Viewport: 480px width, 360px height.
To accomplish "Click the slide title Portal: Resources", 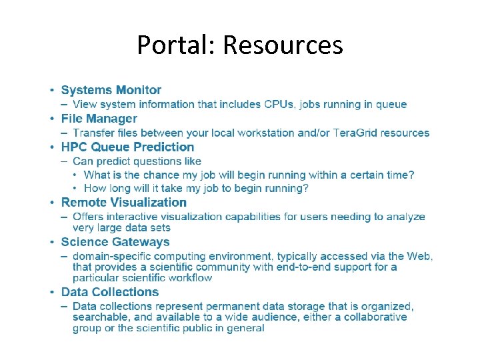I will [x=240, y=45].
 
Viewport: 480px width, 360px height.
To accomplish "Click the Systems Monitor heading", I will [x=111, y=90].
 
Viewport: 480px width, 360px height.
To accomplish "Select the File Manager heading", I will [x=99, y=119].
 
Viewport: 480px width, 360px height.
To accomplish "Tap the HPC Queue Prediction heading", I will [x=128, y=147].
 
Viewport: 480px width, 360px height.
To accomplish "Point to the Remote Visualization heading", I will [x=124, y=203].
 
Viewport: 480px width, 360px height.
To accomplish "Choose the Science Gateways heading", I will [x=115, y=243].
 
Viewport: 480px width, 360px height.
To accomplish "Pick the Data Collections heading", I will [x=110, y=292].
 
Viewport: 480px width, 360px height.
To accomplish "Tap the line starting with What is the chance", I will [x=249, y=175].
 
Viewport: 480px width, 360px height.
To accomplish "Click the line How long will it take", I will [x=196, y=189].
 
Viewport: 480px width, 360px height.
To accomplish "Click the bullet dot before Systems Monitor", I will [x=51, y=90].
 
